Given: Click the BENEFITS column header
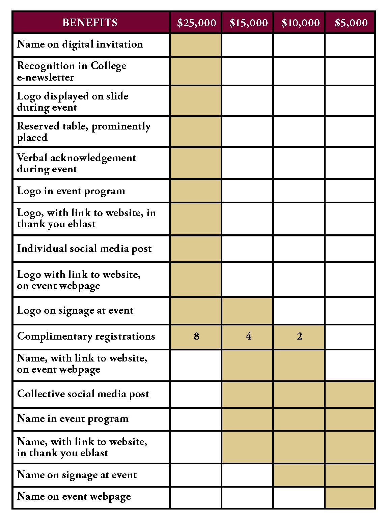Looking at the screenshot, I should pyautogui.click(x=90, y=23).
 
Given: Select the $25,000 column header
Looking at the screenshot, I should pyautogui.click(x=196, y=23).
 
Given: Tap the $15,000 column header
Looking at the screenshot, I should pyautogui.click(x=248, y=23).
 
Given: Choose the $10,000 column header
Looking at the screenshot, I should pyautogui.click(x=300, y=23).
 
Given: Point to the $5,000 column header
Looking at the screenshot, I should pyautogui.click(x=351, y=23).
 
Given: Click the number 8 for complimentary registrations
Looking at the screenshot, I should pyautogui.click(x=196, y=336).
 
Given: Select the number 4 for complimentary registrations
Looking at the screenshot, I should pyautogui.click(x=249, y=336).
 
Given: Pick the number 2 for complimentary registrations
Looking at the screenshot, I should pyautogui.click(x=300, y=336).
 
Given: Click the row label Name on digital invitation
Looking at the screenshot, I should pyautogui.click(x=80, y=44).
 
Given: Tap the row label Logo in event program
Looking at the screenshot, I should pyautogui.click(x=71, y=191).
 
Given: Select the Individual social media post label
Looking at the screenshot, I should pyautogui.click(x=84, y=249).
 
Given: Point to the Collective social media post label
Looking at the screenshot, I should pyautogui.click(x=83, y=394).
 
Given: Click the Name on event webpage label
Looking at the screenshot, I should pyautogui.click(x=74, y=496).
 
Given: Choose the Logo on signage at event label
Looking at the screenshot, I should pyautogui.click(x=75, y=310).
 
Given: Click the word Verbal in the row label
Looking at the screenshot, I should pyautogui.click(x=32, y=158).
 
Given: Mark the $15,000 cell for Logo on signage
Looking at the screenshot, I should pyautogui.click(x=247, y=311).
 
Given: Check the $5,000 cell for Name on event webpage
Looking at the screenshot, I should pyautogui.click(x=350, y=497).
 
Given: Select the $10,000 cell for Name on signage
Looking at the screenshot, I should pyautogui.click(x=299, y=475).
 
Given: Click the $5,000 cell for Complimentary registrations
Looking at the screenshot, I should pyautogui.click(x=350, y=337).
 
